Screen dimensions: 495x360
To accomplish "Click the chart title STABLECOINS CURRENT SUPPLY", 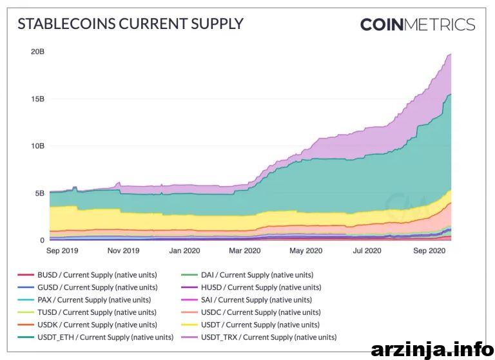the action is point(130,24).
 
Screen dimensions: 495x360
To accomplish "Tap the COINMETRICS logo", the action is point(418,24).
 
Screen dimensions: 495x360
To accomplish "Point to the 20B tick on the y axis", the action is point(37,52).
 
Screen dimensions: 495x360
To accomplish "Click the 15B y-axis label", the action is point(37,99).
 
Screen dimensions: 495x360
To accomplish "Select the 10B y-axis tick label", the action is point(37,146).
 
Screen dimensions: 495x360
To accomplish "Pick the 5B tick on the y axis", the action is point(40,193).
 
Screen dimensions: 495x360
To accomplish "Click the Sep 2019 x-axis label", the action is point(62,251).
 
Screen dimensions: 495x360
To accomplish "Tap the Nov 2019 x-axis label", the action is point(124,251).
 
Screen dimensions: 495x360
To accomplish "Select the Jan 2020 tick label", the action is point(185,251).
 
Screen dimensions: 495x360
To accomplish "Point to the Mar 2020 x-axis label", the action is point(245,251).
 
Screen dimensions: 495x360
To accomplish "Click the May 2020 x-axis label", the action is point(306,251).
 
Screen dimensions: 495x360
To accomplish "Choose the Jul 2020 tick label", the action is point(367,251).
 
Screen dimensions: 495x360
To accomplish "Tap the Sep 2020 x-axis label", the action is point(429,251).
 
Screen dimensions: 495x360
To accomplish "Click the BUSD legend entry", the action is point(87,275).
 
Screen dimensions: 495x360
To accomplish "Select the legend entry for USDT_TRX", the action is point(259,337).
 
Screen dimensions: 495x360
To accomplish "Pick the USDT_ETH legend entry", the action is point(95,337).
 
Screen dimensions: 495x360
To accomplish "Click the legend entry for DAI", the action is point(247,275).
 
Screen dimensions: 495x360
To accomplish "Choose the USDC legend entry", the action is point(251,312).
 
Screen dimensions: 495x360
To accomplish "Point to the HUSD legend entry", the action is point(251,287).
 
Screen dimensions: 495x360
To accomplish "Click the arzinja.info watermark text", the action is point(432,350).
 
